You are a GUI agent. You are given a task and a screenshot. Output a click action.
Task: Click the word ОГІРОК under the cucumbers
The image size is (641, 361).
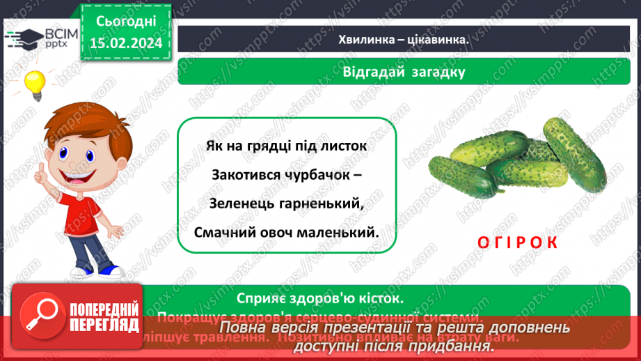[x=518, y=242]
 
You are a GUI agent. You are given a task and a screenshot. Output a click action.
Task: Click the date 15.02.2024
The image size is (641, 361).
[x=125, y=43]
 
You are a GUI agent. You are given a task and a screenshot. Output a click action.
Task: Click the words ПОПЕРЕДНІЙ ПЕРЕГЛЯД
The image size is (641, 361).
[x=102, y=317]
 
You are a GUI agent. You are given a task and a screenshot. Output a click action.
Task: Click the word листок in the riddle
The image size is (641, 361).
[x=342, y=146]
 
